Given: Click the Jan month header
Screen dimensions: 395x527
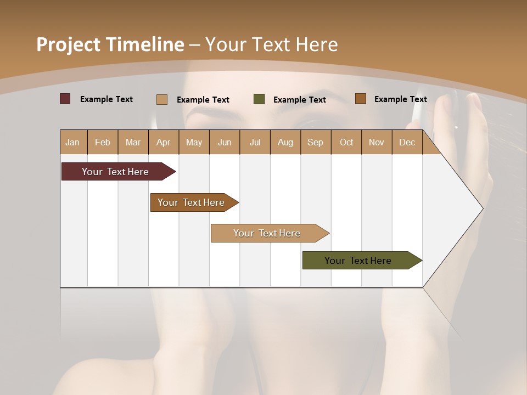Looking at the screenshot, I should (73, 142).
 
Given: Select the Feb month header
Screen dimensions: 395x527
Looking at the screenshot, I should (103, 142).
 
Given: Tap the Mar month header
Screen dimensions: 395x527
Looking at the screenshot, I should (133, 142).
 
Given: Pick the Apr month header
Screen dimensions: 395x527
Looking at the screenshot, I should (164, 142).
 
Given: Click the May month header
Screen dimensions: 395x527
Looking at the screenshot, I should (194, 142).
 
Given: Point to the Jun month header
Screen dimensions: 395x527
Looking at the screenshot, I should (225, 142).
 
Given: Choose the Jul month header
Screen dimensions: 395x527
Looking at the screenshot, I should (255, 142).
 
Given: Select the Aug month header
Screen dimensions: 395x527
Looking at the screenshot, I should (285, 142).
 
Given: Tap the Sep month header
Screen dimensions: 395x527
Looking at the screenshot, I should (316, 142).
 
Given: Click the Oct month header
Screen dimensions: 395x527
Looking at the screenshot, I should (346, 142).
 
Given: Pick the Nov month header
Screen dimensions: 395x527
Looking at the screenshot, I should (377, 142).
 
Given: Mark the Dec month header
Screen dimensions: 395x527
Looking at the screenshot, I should (407, 142).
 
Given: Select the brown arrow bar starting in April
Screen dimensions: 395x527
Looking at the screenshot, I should (192, 202).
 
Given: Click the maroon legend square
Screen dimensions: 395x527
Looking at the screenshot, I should (65, 99).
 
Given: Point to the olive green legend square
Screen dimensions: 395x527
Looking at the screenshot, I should (259, 99).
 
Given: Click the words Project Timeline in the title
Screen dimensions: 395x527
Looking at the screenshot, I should (110, 44).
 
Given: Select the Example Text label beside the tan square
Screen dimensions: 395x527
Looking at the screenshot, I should (203, 100).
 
